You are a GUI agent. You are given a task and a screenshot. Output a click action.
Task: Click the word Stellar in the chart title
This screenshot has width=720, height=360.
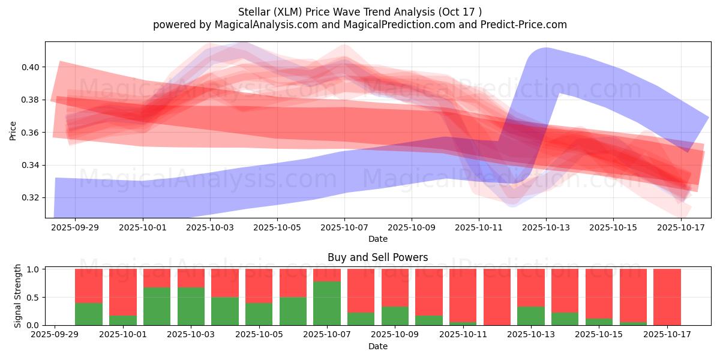[x=254, y=11]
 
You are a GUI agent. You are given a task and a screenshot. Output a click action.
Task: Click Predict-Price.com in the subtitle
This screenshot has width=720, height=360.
[x=521, y=25]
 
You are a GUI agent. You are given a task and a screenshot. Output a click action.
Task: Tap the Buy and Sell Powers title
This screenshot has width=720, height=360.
[x=377, y=257]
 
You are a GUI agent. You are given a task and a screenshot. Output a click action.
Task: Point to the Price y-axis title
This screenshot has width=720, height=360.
[x=13, y=130]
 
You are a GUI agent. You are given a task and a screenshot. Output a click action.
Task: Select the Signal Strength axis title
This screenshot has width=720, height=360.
[x=18, y=296]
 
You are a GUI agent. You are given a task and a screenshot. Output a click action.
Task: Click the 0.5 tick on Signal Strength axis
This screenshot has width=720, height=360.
[x=34, y=297]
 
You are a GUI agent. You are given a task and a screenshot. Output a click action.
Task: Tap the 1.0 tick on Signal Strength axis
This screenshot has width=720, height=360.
[x=34, y=269]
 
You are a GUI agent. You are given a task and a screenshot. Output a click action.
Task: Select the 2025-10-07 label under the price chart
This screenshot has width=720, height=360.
[x=344, y=228]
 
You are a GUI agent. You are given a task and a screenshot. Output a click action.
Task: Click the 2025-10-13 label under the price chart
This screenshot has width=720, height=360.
[x=546, y=228]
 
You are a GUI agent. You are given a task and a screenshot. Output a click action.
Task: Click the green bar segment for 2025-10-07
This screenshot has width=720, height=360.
[x=327, y=303]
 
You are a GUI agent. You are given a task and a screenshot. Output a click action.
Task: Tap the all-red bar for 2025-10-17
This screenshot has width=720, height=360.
[x=667, y=297]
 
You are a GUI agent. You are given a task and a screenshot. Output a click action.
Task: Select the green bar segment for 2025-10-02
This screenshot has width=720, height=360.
[x=157, y=306]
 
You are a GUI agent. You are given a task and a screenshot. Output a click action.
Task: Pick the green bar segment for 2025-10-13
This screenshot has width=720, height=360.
[x=531, y=316]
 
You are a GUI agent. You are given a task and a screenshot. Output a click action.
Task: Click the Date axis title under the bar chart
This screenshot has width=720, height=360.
[x=377, y=346]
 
